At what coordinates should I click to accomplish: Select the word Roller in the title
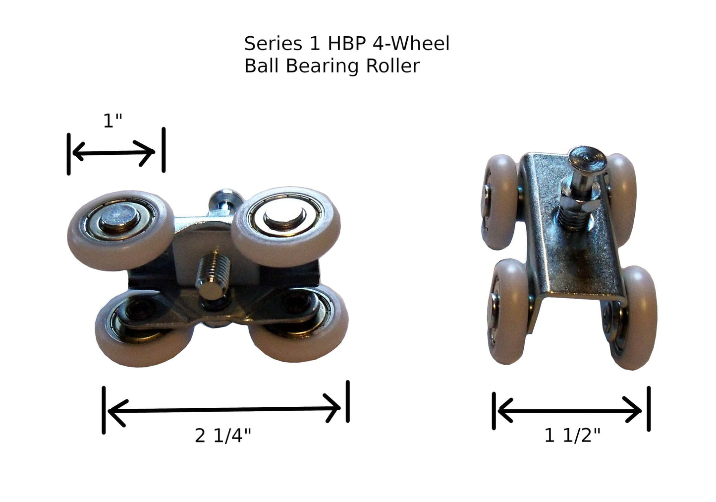[393, 66]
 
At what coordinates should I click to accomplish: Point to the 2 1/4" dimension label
[223, 436]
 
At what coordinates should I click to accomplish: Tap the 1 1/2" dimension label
[572, 436]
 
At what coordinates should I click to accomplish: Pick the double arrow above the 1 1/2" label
[570, 411]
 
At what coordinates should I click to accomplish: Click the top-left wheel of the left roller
[120, 232]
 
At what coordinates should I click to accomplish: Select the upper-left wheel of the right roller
[501, 201]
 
